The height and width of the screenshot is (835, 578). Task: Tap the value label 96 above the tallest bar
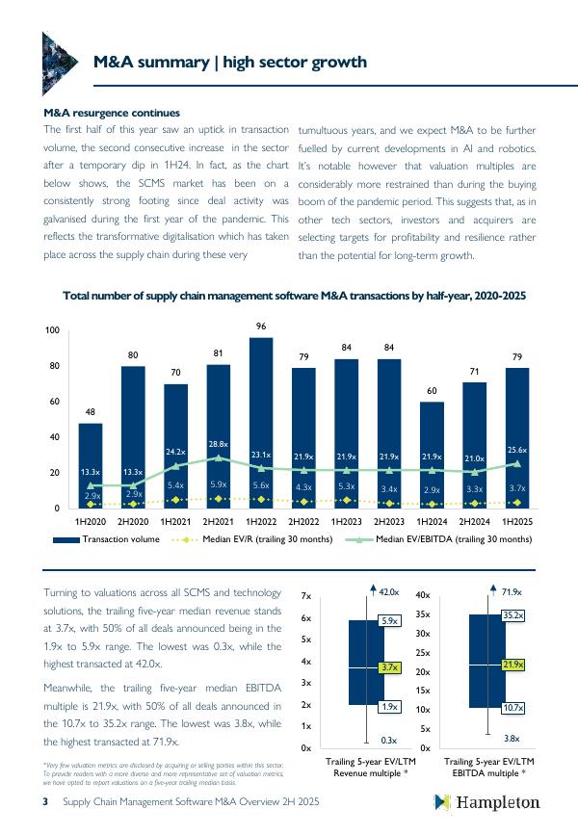[260, 327]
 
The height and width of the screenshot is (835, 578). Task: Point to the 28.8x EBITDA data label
[218, 444]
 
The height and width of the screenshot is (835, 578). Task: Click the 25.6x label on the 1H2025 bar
[516, 450]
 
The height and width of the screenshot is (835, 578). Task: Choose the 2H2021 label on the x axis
[218, 520]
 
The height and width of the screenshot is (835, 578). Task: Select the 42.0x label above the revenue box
[388, 590]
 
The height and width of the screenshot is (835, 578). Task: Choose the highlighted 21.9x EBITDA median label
[512, 665]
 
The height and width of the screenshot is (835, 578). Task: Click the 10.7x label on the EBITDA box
[512, 708]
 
